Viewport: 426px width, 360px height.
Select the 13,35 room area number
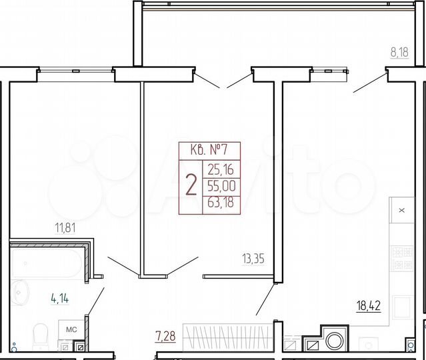(x=253, y=259)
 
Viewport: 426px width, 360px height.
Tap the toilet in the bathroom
(x=41, y=331)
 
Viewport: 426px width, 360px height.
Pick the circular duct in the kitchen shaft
(x=333, y=343)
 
